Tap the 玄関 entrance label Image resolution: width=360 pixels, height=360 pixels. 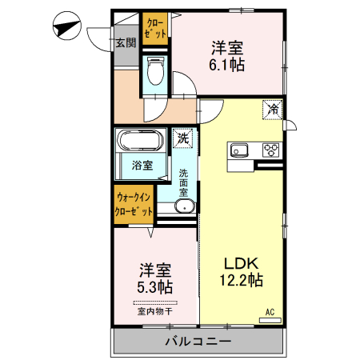(x=125, y=42)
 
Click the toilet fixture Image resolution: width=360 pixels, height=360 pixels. (x=156, y=74)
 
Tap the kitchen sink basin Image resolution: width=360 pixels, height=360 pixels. (x=242, y=150)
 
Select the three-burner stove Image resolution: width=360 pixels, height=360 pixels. (x=270, y=150)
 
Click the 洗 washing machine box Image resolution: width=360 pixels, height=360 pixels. (x=184, y=138)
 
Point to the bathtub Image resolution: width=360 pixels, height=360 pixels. (x=140, y=142)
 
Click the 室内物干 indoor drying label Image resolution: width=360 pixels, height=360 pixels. (x=154, y=311)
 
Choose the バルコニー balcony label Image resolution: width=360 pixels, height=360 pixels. (x=198, y=341)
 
